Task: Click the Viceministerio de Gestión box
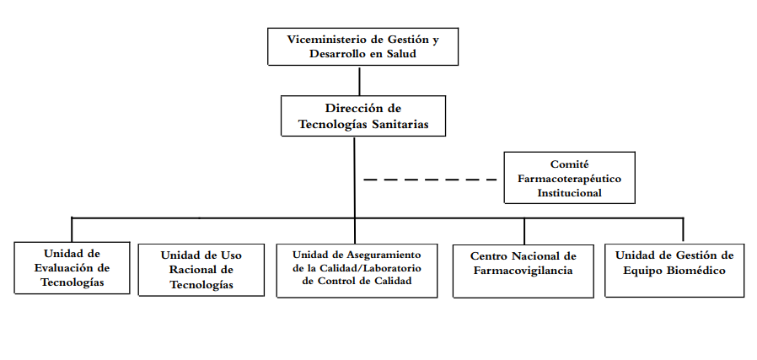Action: click(362, 46)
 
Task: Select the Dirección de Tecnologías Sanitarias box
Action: click(362, 116)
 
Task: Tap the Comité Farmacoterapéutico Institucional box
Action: click(569, 177)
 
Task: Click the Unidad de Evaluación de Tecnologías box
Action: click(72, 267)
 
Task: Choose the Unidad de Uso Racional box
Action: click(201, 270)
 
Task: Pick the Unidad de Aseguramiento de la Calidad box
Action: click(357, 269)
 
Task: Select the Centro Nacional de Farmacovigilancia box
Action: click(523, 270)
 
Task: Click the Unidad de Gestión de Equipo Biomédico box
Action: click(674, 269)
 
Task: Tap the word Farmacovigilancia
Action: click(523, 271)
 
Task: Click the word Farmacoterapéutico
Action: click(569, 179)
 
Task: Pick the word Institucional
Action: click(570, 192)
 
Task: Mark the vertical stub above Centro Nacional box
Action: click(524, 231)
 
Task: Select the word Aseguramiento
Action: click(381, 253)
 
